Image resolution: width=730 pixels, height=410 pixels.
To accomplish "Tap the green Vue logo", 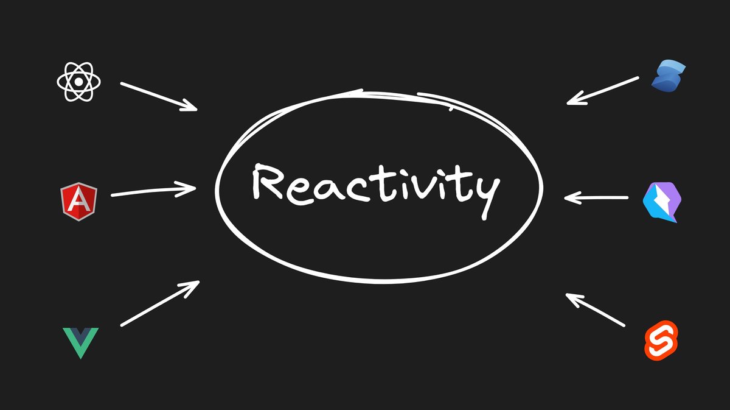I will click(x=80, y=342).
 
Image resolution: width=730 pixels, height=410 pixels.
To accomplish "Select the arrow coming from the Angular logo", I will click(x=152, y=191).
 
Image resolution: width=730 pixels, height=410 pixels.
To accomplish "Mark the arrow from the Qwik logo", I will click(x=596, y=197).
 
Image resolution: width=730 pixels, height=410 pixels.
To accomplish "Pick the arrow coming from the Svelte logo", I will click(x=595, y=310).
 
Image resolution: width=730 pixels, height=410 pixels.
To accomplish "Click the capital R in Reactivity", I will click(x=266, y=182).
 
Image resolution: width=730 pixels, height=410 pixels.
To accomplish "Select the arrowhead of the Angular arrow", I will click(x=189, y=188).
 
